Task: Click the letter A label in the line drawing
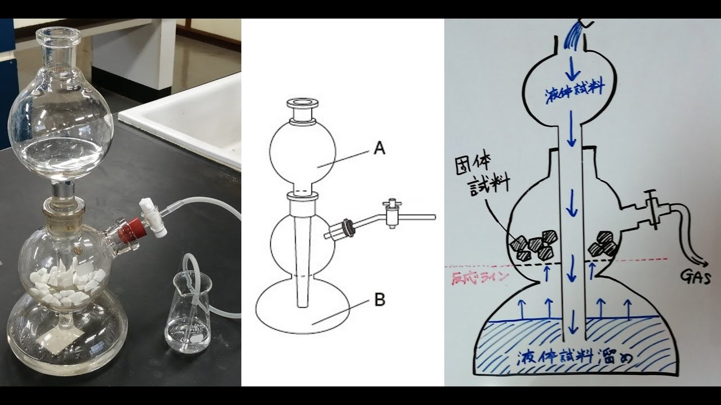tap(380, 148)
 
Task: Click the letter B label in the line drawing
tap(380, 300)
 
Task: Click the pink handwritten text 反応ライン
tap(479, 277)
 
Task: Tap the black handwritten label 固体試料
tap(482, 177)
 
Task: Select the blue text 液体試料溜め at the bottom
tap(575, 357)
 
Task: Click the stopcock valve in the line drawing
tap(391, 213)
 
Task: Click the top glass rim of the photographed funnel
tap(58, 35)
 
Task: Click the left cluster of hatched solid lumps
tap(535, 245)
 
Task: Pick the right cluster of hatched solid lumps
tap(603, 244)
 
